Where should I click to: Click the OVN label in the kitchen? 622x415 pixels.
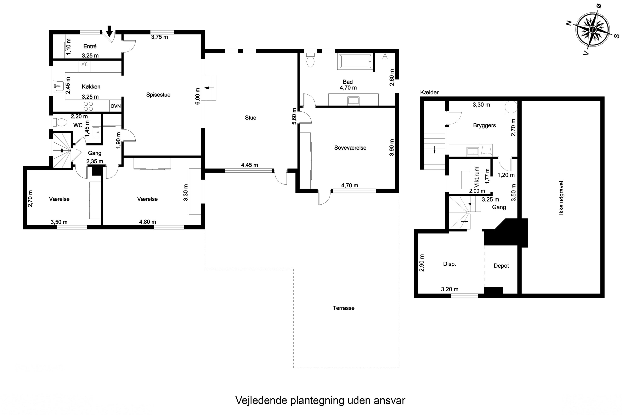click(115, 106)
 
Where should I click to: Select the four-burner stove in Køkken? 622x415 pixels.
click(88, 106)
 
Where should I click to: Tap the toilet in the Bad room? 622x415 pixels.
click(310, 61)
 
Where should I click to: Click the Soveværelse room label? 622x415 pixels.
click(350, 148)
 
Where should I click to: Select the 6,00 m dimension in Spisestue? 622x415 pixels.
click(198, 96)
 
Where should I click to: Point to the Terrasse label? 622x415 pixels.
click(344, 308)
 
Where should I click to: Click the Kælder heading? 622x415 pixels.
click(429, 92)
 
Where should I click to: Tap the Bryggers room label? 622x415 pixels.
click(484, 126)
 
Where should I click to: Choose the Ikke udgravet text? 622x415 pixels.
click(561, 198)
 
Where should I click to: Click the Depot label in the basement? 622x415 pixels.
click(501, 266)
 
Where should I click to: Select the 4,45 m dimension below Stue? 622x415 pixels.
click(249, 165)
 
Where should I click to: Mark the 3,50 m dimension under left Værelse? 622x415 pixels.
click(59, 222)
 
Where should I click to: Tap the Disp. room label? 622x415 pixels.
click(449, 264)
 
